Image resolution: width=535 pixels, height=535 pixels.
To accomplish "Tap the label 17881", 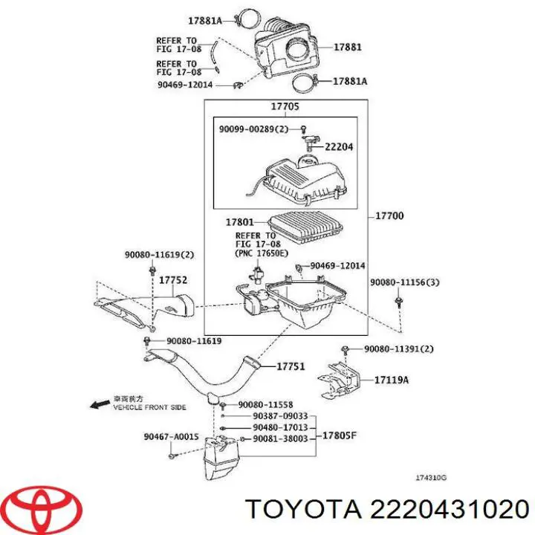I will coord(347,47).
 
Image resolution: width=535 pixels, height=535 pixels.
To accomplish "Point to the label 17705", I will coord(285,107).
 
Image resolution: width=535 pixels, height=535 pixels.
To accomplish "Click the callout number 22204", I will coord(339,147).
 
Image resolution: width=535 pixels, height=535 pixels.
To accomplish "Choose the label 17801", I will coord(240,221).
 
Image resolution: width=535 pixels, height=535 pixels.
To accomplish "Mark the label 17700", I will coord(389,216).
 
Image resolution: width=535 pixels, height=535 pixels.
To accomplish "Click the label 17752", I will coord(172,280).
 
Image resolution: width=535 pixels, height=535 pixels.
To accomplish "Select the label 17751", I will coord(291,366).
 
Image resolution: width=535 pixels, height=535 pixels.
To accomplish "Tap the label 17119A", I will coord(392,380).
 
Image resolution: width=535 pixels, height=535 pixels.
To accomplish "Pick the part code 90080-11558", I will coord(266,404).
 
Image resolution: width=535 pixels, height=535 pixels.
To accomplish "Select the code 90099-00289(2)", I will coord(253,129).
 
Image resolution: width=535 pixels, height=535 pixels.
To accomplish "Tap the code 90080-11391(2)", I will coord(398,349).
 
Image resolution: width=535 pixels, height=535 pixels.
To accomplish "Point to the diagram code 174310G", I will coord(431,479).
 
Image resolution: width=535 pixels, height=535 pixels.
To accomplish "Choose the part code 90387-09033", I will coord(280,417).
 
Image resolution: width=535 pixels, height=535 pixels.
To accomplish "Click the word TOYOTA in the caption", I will coord(302,509).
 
